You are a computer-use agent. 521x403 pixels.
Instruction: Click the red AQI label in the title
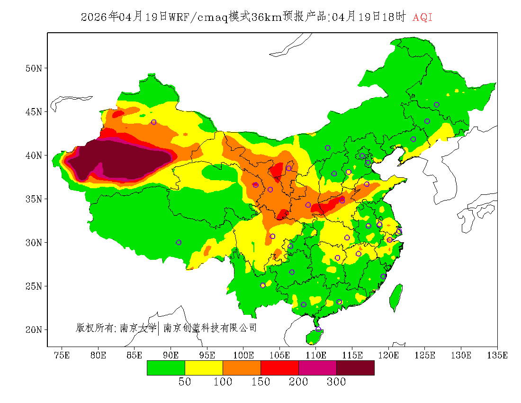coord(422,18)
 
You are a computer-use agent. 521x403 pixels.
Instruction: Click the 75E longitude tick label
coord(62,355)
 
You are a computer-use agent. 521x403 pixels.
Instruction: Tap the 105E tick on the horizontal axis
coord(279,355)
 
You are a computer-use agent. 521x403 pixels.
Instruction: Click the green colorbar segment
coord(166,368)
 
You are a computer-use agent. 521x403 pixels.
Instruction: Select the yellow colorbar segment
coord(204,368)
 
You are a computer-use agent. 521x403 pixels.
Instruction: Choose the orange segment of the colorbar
coord(242,368)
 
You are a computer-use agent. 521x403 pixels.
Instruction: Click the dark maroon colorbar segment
coord(355,368)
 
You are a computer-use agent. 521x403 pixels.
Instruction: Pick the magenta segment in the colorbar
coord(317,368)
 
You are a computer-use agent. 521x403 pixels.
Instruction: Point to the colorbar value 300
coord(336,382)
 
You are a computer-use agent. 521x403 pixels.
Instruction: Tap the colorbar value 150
coord(260,382)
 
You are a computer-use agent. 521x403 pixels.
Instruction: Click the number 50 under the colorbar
coord(185,382)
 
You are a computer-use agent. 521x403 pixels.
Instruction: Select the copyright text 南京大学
coord(138,328)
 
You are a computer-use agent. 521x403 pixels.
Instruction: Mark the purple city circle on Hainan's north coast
coord(318,329)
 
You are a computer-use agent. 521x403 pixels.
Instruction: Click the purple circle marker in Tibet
coord(179,242)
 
